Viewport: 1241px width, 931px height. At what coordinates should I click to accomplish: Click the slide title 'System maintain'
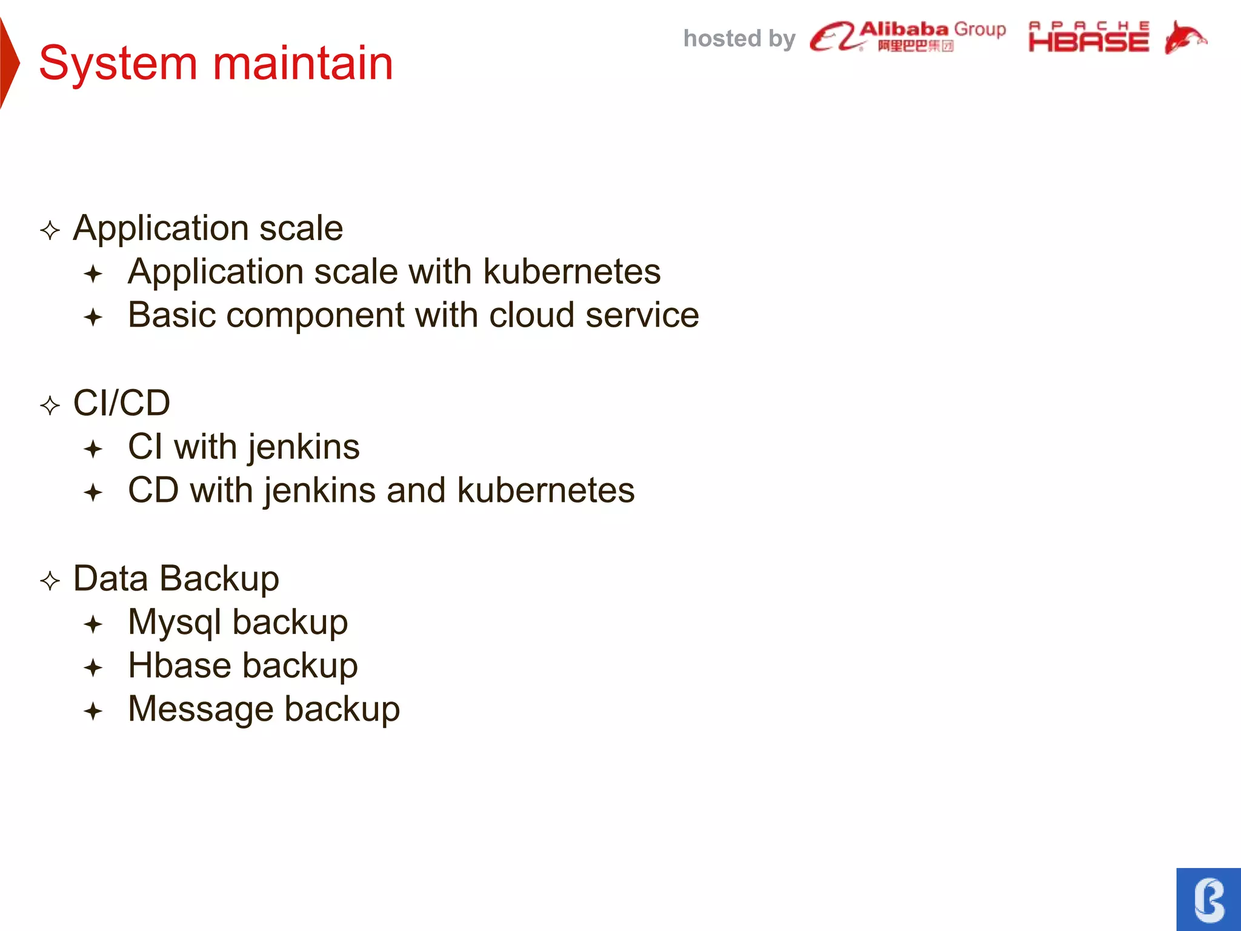click(x=216, y=63)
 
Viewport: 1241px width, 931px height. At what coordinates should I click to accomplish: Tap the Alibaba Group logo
click(x=907, y=36)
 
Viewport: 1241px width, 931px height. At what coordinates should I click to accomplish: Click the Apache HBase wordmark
click(x=1088, y=37)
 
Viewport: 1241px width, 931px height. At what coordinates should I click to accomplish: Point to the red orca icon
click(x=1185, y=38)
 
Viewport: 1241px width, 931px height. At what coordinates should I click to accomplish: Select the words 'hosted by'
click(x=739, y=39)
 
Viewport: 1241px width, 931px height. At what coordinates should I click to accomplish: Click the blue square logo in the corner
click(x=1208, y=899)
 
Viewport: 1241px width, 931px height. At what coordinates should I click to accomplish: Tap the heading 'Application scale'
click(x=208, y=228)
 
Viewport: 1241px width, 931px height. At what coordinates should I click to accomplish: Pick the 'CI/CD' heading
click(x=121, y=403)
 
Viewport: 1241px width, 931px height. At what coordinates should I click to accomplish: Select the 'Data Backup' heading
click(x=176, y=578)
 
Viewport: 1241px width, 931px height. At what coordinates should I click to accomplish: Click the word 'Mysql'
click(x=175, y=623)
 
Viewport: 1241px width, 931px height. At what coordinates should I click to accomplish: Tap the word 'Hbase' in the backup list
click(x=180, y=666)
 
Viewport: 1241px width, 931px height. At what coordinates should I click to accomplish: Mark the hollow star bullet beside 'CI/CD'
click(x=50, y=405)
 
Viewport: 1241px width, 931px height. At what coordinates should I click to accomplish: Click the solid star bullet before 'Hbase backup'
click(x=93, y=668)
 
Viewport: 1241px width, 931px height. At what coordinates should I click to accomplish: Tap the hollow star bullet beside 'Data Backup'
click(x=50, y=581)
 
